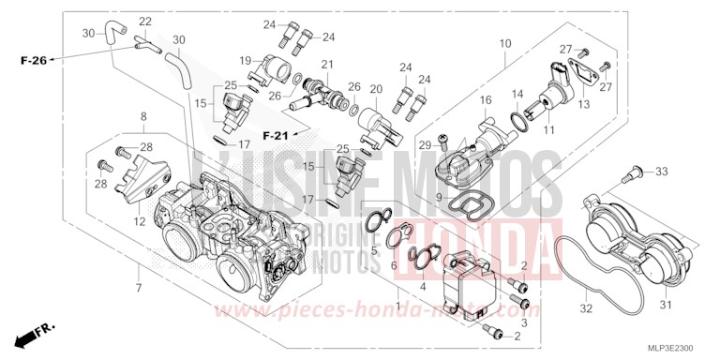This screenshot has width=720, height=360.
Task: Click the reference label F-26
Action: [33, 61]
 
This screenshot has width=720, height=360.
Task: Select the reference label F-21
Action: [275, 136]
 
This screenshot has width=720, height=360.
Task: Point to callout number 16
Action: [486, 99]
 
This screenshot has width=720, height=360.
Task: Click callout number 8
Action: [143, 116]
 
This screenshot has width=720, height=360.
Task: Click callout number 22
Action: [145, 22]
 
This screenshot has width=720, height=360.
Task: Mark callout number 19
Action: [244, 60]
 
